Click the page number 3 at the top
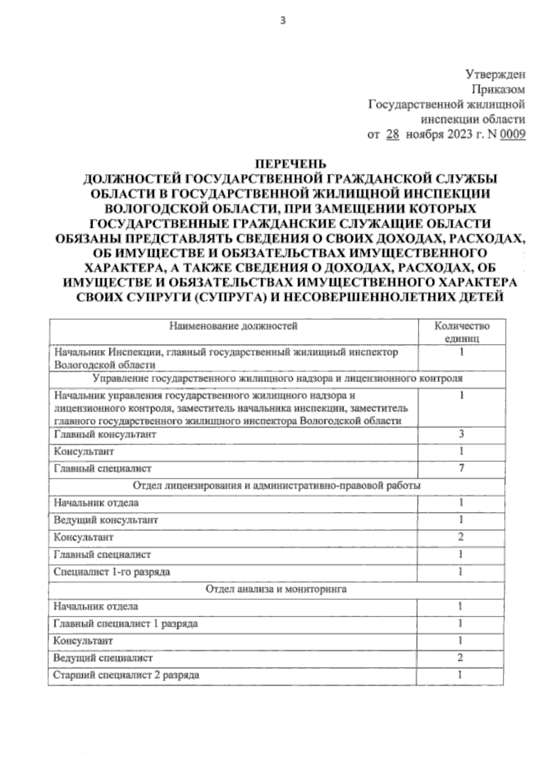coord(283,20)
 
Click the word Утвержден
coord(495,74)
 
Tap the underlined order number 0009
coord(512,135)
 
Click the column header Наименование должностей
coord(233,326)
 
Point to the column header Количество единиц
coord(461,332)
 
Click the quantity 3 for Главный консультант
coord(461,434)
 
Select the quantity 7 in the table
coord(461,468)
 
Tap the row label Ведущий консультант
coord(105,520)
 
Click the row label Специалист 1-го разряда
coord(111,572)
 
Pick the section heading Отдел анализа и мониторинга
coord(276,589)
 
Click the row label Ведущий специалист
coord(103,658)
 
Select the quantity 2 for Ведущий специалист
coord(460,658)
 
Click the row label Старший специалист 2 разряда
coord(126,675)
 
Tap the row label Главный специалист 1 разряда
coord(126,623)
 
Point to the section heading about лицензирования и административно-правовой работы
coord(276,485)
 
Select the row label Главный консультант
coord(105,434)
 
